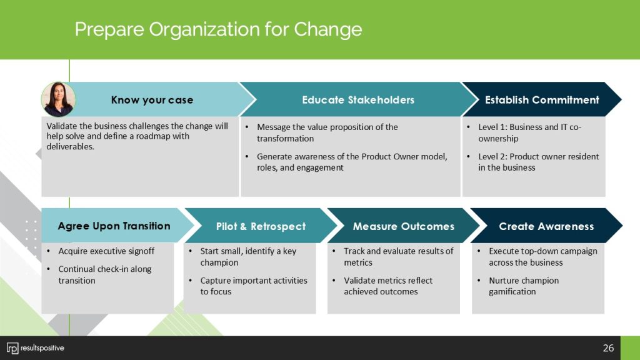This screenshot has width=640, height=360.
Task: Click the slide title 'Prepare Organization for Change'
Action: [218, 29]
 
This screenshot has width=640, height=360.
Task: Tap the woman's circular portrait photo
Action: [58, 99]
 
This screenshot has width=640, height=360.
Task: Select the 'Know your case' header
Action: [152, 100]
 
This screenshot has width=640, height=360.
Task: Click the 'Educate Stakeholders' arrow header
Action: [358, 100]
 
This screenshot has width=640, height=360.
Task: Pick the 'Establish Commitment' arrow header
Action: [542, 100]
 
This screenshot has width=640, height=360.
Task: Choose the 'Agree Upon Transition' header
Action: [114, 226]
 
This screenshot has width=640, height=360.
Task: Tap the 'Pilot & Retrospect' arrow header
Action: [261, 226]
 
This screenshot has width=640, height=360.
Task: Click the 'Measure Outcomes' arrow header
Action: [403, 226]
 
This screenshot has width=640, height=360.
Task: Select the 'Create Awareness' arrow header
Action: [546, 226]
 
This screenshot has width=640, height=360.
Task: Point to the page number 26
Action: [608, 347]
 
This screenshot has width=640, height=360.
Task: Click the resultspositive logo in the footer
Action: [36, 347]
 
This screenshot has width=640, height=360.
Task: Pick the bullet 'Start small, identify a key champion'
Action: [248, 257]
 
